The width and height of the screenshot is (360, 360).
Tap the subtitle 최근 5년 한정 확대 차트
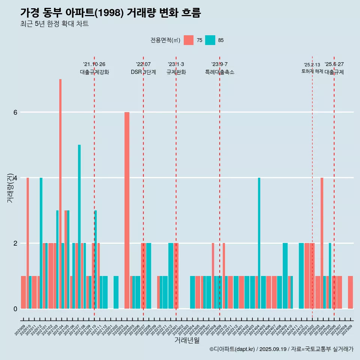[54, 24]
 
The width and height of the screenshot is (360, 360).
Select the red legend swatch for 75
[189, 40]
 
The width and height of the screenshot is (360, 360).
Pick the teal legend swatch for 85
[210, 40]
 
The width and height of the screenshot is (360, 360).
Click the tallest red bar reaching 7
[60, 193]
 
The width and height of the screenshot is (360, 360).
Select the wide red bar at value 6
[127, 210]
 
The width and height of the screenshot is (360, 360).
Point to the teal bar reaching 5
[79, 226]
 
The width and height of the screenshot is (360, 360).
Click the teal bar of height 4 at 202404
[259, 243]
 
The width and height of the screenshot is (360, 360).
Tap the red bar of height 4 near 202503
[322, 243]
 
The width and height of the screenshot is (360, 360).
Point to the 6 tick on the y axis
[15, 112]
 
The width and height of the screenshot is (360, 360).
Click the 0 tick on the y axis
[15, 309]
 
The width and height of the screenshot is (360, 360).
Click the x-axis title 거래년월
[187, 340]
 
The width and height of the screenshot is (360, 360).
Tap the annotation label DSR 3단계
[143, 72]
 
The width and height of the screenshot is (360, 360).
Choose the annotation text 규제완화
[176, 72]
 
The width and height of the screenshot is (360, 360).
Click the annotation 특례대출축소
[219, 72]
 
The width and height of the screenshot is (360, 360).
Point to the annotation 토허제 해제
[312, 71]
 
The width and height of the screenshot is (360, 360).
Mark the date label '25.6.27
[334, 64]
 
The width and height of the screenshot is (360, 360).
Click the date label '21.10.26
[94, 64]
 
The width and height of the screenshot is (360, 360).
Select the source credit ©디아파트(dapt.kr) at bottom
[232, 349]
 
